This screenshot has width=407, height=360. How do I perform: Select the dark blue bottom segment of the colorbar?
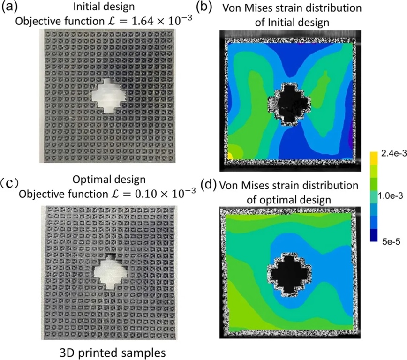pos(374,234)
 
